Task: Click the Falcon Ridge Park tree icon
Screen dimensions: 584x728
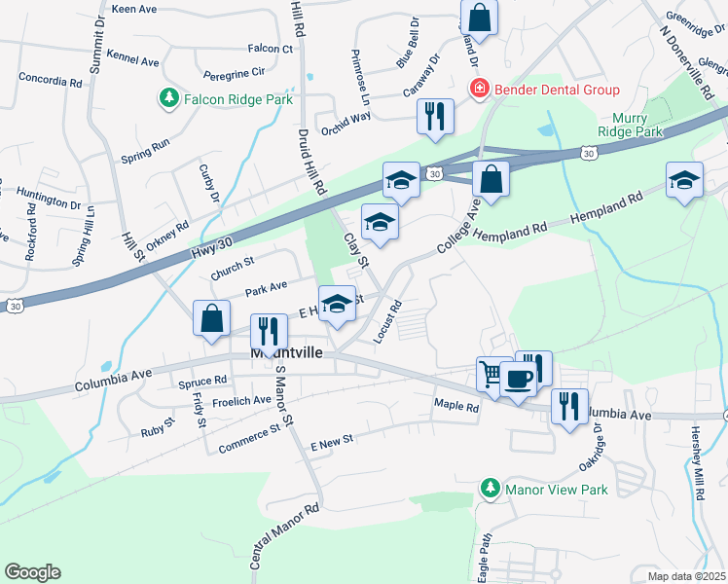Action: click(168, 98)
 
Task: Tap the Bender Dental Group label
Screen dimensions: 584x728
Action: click(557, 91)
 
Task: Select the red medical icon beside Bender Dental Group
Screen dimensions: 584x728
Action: click(479, 91)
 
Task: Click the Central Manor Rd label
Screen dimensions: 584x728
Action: click(285, 536)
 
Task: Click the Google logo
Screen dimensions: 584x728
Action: click(32, 571)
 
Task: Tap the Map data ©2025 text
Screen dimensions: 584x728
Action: click(686, 576)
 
